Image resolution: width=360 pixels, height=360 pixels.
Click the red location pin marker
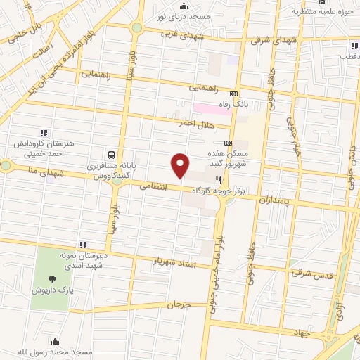click(x=181, y=165)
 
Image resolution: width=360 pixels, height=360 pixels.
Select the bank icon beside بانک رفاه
click(x=233, y=94)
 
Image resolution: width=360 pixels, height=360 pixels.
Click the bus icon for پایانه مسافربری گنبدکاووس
click(x=111, y=155)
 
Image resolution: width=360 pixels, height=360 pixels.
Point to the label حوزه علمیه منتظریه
click(x=321, y=11)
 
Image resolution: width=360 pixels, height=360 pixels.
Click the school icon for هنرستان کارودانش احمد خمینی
click(x=44, y=132)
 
